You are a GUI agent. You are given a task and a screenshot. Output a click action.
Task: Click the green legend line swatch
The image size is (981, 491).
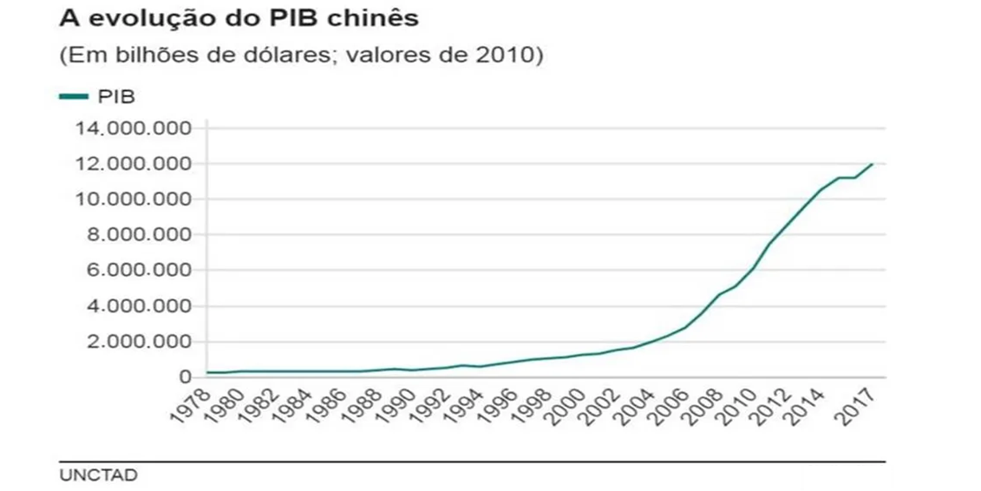[75, 95]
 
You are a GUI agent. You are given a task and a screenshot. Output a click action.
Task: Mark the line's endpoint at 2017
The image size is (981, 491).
[873, 163]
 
